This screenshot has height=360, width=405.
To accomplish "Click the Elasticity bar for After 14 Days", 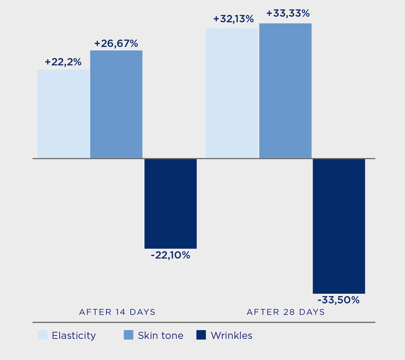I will (x=63, y=113).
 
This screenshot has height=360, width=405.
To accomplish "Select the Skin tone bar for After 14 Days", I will (x=116, y=104).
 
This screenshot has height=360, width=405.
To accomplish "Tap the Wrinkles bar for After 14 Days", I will (x=171, y=203).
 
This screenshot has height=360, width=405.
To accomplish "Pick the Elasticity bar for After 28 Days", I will (x=232, y=93).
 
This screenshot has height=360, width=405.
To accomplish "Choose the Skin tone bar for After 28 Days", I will (x=285, y=91).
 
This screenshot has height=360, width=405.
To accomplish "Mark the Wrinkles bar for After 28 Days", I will (x=339, y=226).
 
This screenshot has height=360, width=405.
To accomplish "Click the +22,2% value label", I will (x=63, y=62).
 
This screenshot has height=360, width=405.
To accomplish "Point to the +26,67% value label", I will (x=116, y=43).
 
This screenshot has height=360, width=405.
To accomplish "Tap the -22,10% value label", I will (x=171, y=256).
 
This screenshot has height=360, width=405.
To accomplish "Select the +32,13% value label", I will (x=233, y=19).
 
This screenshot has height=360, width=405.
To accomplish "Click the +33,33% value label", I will (x=288, y=13).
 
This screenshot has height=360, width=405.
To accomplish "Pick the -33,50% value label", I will (x=339, y=300).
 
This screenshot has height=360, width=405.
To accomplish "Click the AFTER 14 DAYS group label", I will (x=117, y=312).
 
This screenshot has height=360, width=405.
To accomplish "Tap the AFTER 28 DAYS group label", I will (x=286, y=312).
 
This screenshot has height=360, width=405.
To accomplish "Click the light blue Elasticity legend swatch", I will (x=43, y=335).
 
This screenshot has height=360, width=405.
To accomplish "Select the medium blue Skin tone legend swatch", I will (x=128, y=335).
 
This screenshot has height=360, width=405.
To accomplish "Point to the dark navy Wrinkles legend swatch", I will (x=201, y=335).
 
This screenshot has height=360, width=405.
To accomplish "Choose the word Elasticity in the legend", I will (x=74, y=336).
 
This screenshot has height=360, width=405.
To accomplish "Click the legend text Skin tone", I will (x=160, y=336).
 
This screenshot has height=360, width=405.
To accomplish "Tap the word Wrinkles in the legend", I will (x=232, y=336).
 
